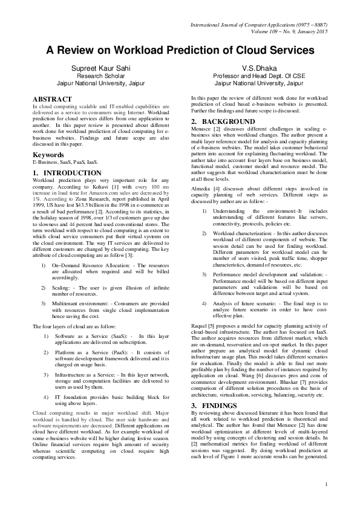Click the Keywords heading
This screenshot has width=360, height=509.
click(48, 154)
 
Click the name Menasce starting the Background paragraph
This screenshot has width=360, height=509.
click(203, 129)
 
